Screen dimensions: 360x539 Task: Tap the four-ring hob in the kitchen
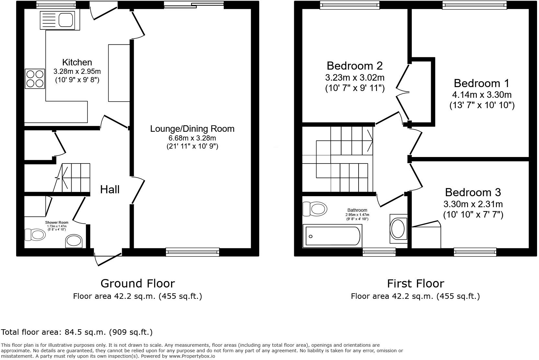(x=35, y=79)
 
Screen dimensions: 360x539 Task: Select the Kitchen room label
(x=77, y=62)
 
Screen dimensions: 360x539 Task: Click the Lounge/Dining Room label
(x=192, y=129)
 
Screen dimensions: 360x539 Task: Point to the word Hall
(x=110, y=190)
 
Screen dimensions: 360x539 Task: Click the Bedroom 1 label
(x=481, y=84)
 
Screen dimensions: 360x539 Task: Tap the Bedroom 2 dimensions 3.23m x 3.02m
(x=355, y=78)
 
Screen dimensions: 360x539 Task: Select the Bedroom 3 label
(x=473, y=193)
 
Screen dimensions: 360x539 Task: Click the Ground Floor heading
(x=138, y=284)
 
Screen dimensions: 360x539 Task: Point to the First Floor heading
(x=416, y=284)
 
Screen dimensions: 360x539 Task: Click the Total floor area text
(x=77, y=332)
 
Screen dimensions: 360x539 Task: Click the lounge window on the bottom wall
(x=192, y=252)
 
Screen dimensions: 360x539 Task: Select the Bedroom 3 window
(x=475, y=252)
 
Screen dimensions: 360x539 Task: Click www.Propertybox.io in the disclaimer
(x=192, y=356)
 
